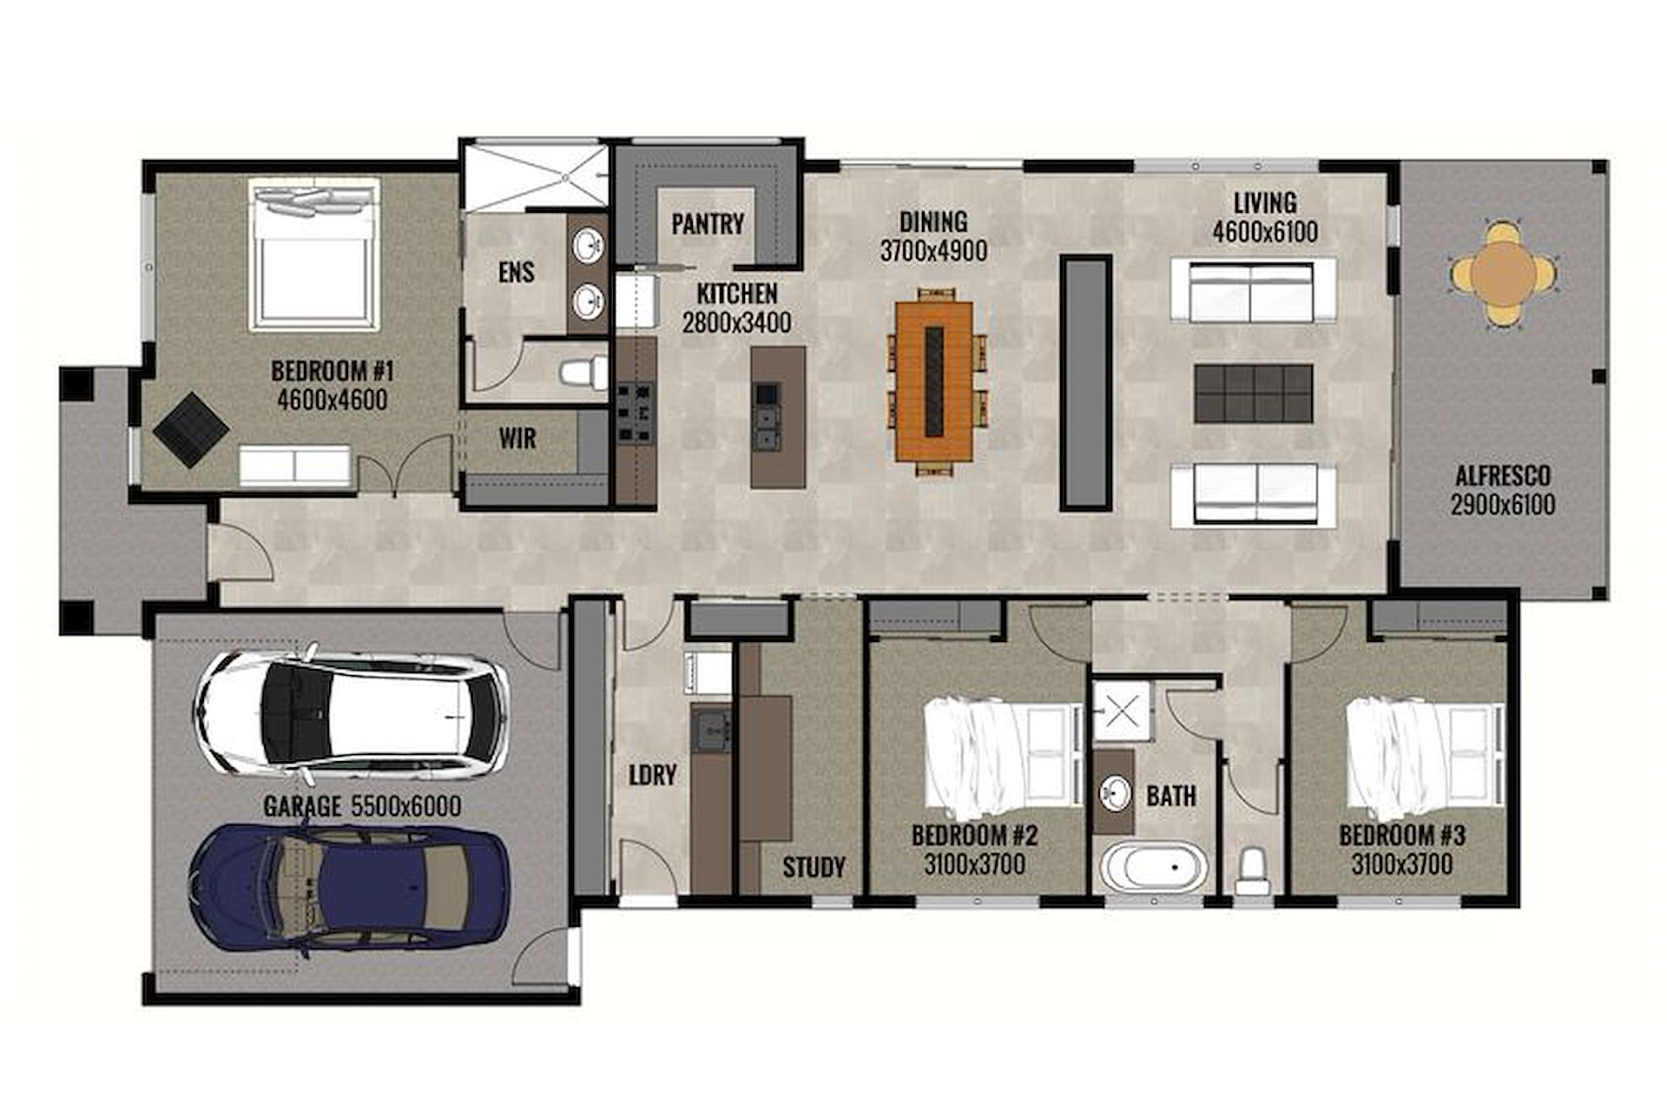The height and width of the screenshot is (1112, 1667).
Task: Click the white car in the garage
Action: (x=351, y=714)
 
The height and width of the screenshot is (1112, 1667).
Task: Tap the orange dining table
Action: (x=934, y=381)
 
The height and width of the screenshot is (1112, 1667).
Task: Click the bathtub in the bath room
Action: (x=1154, y=866)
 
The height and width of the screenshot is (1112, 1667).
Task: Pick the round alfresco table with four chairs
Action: (x=1503, y=274)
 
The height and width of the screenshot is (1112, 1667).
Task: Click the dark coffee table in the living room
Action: (x=1253, y=394)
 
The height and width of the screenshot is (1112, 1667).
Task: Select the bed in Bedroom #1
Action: (x=314, y=254)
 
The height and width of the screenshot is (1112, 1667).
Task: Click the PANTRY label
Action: (x=708, y=224)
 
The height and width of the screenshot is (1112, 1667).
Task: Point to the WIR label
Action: (x=517, y=439)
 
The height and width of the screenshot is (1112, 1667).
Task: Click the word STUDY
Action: (x=814, y=866)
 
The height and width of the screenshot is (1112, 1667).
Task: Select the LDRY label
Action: (x=652, y=775)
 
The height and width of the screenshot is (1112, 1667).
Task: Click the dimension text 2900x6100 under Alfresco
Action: (x=1503, y=505)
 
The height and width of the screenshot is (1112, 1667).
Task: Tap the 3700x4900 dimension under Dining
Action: (x=933, y=251)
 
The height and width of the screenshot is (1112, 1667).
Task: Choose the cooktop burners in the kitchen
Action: (x=635, y=414)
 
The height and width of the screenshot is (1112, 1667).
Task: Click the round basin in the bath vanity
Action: (x=1115, y=792)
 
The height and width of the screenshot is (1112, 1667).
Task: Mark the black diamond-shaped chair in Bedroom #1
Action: (x=191, y=430)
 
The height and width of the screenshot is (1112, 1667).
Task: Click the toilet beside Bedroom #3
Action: (x=1252, y=871)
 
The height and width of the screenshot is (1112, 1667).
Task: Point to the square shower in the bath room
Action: (x=1122, y=711)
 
